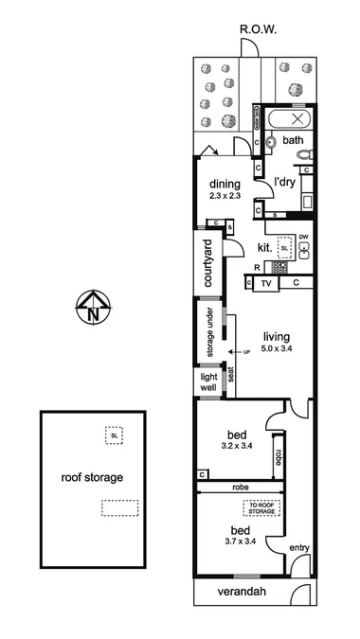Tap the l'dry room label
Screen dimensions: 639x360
coord(286,182)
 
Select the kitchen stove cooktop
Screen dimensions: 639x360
coord(280,268)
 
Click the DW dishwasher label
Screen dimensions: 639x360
coord(304,237)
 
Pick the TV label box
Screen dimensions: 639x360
coord(266,282)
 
